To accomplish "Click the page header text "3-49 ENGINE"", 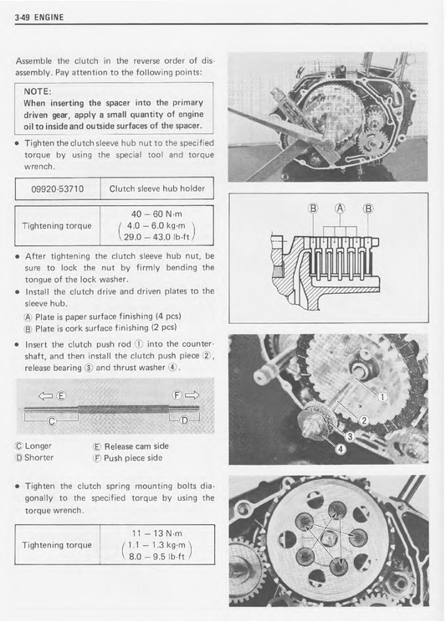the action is (39, 18).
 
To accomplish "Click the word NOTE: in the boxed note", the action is (38, 91).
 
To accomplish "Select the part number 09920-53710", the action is (58, 188).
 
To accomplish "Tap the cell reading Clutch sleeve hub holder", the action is (156, 188).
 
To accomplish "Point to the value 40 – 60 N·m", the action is (156, 214).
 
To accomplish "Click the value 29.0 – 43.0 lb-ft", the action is (156, 237).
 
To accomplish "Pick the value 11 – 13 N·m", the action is (156, 533).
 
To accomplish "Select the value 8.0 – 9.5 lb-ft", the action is (156, 557).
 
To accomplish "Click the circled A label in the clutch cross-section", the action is (340, 209).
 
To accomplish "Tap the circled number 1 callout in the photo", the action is (382, 397).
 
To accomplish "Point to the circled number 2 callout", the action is (364, 420).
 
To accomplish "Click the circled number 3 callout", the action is (350, 437).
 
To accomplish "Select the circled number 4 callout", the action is (341, 450).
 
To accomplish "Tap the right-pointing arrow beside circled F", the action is (191, 395).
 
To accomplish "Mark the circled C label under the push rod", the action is (51, 421).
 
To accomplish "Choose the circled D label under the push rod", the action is (184, 420).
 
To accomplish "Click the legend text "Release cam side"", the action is (136, 446).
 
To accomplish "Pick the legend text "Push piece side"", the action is (133, 458).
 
